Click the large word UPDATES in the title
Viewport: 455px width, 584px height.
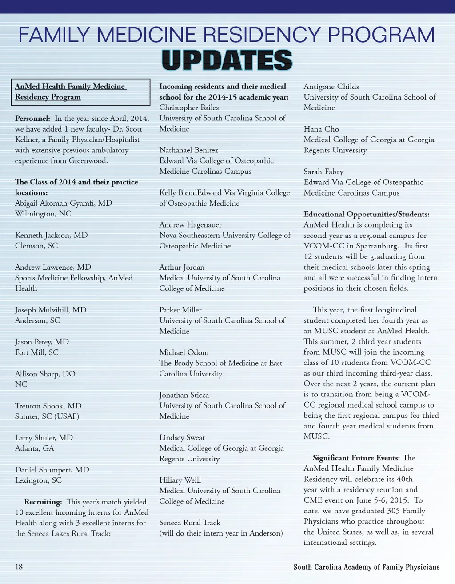[227, 60]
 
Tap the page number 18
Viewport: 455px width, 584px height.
[19, 567]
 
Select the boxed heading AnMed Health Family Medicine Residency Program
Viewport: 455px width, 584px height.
[80, 92]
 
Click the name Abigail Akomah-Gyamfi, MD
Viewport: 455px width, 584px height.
[64, 203]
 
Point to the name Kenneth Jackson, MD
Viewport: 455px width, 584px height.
[51, 235]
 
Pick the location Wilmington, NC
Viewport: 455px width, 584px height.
[43, 214]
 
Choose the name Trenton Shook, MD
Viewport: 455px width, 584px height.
[48, 406]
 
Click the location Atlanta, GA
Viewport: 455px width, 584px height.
[35, 448]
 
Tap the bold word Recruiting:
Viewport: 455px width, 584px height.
[43, 502]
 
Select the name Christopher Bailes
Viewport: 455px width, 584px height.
[189, 108]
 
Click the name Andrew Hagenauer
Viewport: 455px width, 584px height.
[190, 225]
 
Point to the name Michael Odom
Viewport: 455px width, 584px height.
[184, 352]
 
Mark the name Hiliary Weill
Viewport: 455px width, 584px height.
[180, 480]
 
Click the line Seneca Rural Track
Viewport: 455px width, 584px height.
[190, 523]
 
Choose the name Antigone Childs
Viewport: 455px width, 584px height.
[331, 87]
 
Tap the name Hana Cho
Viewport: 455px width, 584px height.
[321, 129]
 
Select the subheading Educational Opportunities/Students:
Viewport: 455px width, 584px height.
[366, 214]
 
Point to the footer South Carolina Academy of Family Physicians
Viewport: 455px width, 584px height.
[366, 567]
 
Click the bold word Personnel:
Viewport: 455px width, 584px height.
[32, 118]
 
